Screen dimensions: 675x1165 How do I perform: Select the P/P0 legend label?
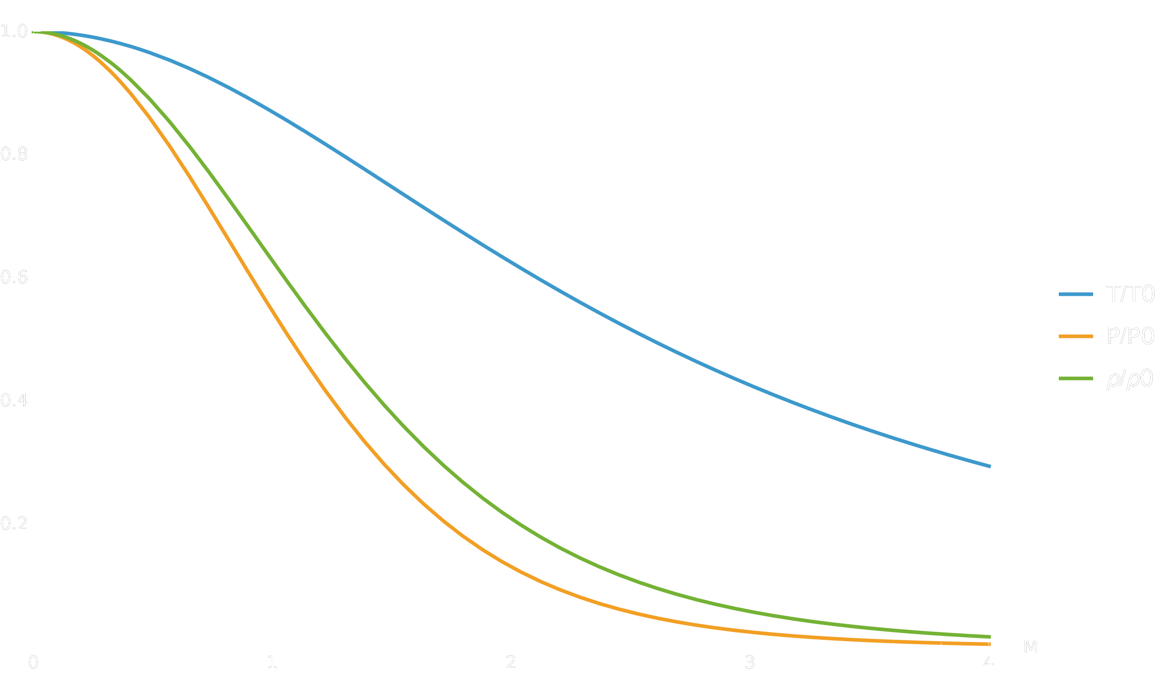tap(1130, 336)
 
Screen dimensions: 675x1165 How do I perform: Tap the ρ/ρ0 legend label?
tap(1129, 379)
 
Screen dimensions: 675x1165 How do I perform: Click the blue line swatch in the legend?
tap(1076, 294)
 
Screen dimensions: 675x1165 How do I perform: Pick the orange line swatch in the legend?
tap(1076, 336)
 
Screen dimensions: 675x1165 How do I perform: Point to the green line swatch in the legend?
tap(1076, 378)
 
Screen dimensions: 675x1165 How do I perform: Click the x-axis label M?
tap(1031, 647)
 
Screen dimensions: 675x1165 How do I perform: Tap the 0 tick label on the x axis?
tap(33, 663)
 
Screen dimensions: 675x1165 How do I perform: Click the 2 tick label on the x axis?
tap(511, 663)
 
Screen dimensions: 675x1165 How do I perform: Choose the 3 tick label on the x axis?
tap(750, 663)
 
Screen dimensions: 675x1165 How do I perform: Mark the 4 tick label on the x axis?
tap(989, 663)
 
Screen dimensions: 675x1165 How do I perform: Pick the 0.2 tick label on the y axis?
tap(14, 524)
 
